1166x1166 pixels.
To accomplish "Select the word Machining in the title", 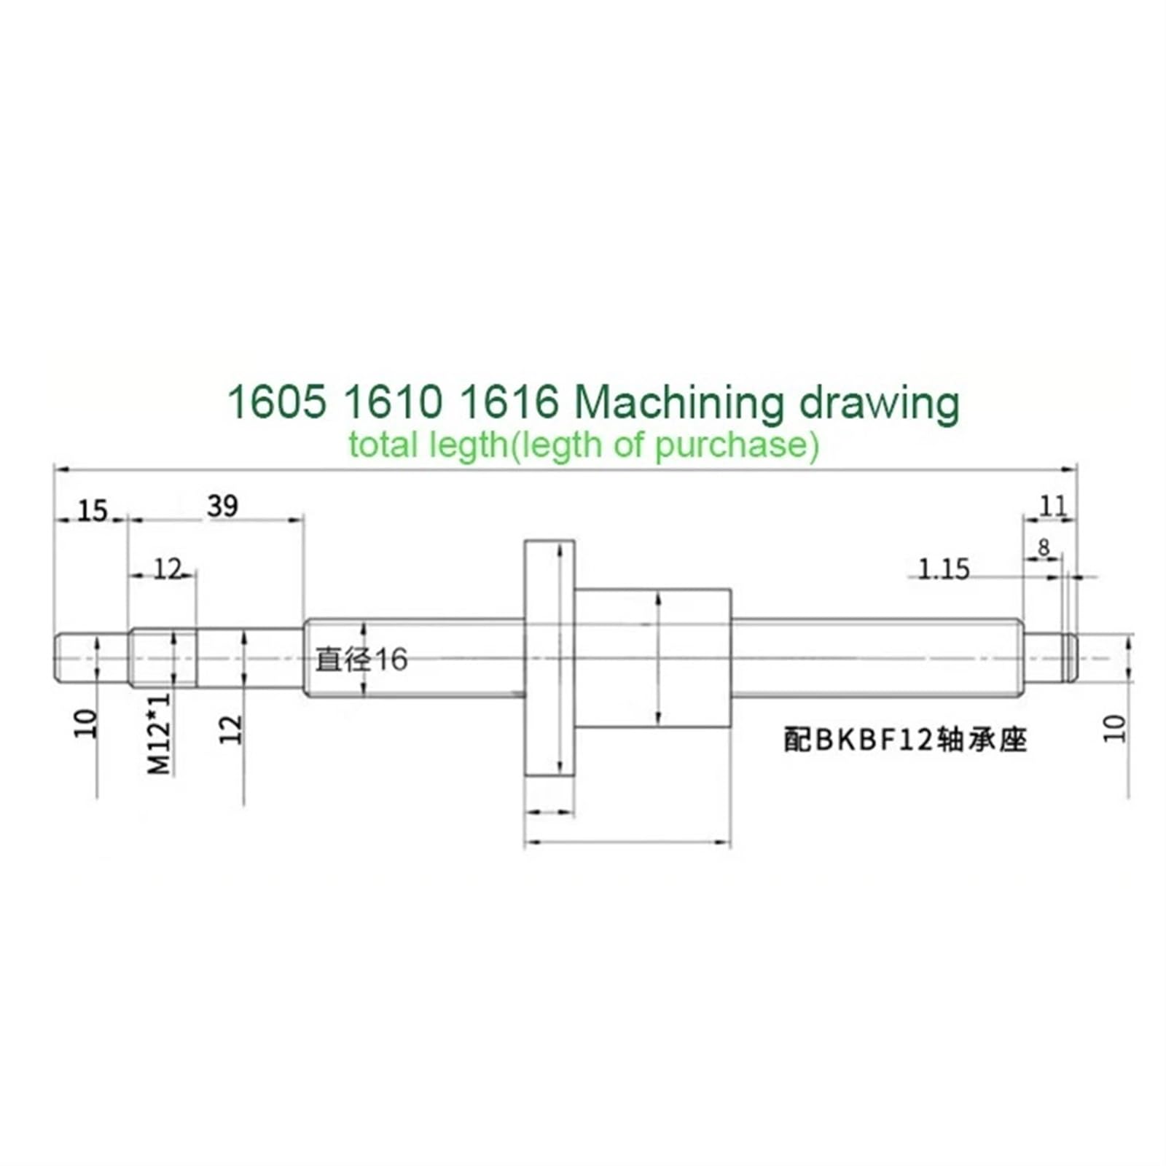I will [x=678, y=403].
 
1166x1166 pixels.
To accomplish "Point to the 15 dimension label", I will [x=92, y=511].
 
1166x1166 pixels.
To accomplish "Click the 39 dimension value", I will [x=222, y=506].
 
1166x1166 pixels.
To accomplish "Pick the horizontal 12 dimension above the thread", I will [x=167, y=569].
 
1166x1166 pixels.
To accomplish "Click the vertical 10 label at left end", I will [x=86, y=724].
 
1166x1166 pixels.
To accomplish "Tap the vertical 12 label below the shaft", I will [x=230, y=729].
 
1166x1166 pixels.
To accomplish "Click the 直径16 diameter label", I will [x=361, y=660].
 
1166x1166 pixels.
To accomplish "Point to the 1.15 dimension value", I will [x=943, y=569].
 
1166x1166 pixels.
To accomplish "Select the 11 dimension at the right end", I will [x=1052, y=506].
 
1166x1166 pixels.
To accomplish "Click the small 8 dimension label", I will [x=1044, y=547].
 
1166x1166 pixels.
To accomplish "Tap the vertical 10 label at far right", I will [x=1114, y=729].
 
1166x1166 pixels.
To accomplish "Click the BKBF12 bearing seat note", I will [x=904, y=740].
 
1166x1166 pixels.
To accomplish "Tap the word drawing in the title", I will [x=879, y=403].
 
